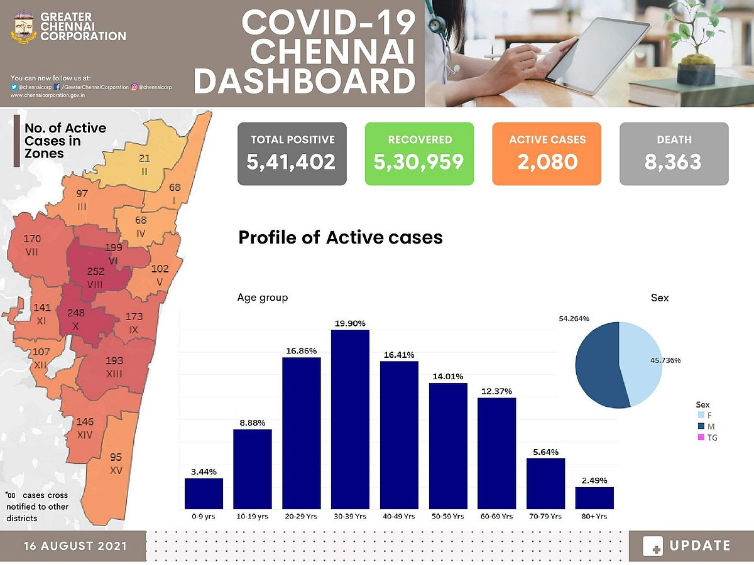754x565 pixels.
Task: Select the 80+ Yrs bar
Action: (594, 498)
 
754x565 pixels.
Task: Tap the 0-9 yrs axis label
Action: (204, 517)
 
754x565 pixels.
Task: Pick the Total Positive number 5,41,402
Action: (292, 162)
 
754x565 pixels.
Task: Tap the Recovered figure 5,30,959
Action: (419, 162)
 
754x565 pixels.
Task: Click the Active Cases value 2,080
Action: (547, 162)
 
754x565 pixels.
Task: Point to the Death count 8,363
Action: (674, 162)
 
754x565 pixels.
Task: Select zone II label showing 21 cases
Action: (145, 164)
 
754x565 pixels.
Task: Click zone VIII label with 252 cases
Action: (96, 277)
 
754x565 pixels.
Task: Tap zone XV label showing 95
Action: (116, 463)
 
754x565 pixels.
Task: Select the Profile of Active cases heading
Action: (341, 237)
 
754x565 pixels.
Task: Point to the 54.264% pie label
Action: (574, 319)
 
